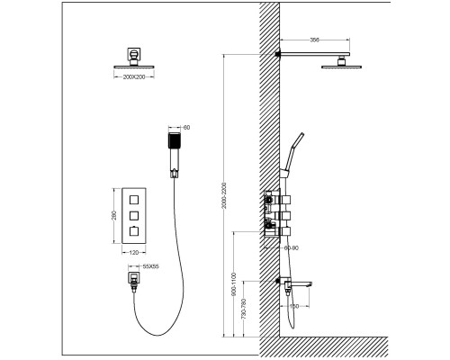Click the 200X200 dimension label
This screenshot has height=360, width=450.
click(133, 79)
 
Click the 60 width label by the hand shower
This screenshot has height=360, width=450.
click(186, 127)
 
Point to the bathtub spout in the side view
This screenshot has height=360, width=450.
click(299, 283)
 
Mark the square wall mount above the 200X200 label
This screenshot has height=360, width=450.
click(133, 54)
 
